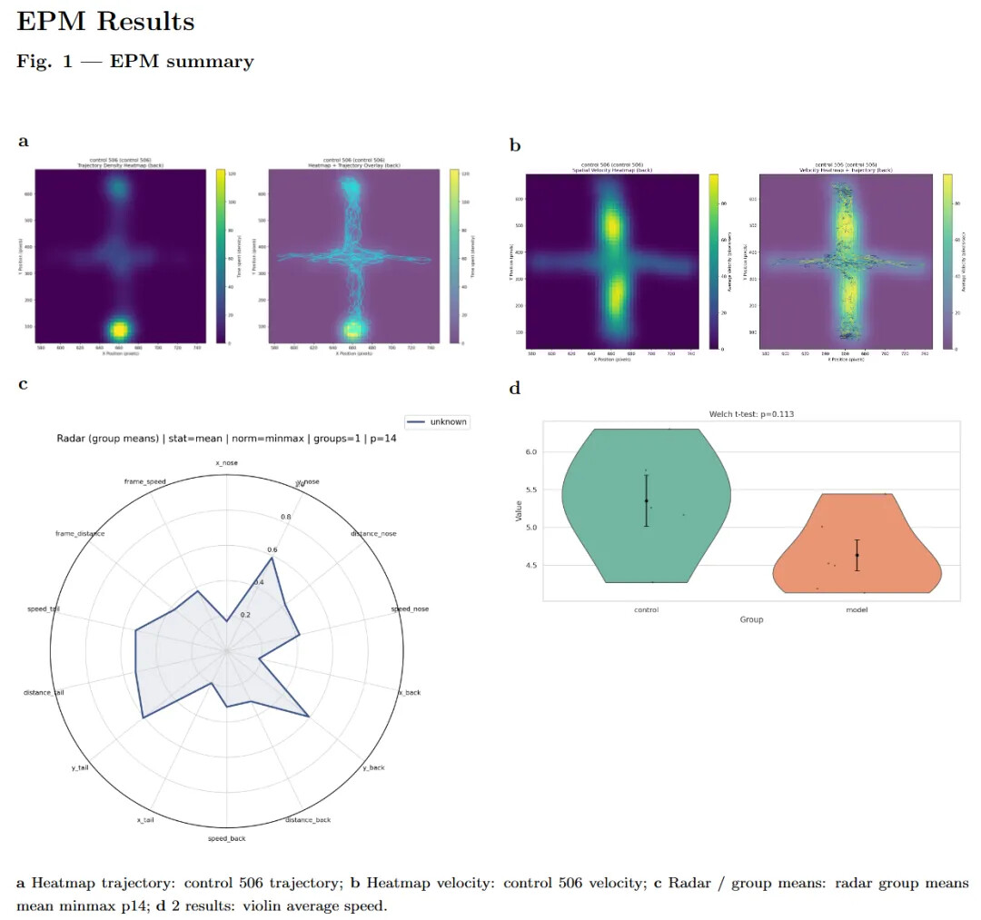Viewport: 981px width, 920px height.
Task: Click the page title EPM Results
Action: click(105, 22)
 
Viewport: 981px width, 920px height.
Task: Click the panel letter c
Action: click(23, 384)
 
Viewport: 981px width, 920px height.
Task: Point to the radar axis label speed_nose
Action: click(410, 608)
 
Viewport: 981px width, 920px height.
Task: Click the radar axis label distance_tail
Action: click(44, 693)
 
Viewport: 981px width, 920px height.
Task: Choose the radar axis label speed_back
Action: click(226, 838)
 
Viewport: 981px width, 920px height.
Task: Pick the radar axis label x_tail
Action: click(144, 820)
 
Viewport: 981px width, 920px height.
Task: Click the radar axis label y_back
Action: click(373, 767)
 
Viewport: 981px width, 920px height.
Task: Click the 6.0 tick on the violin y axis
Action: click(530, 452)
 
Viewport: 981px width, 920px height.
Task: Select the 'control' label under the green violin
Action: click(646, 609)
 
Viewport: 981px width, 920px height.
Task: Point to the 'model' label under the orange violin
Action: click(856, 609)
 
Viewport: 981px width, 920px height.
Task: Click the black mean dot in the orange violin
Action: click(857, 555)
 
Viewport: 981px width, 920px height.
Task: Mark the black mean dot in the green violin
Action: click(646, 501)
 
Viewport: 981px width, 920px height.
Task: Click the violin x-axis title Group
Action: click(750, 619)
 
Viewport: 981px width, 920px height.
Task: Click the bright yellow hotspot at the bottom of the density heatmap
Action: click(119, 329)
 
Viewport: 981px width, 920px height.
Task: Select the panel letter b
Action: click(515, 144)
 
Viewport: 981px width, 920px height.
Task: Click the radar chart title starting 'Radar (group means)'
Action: click(226, 440)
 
